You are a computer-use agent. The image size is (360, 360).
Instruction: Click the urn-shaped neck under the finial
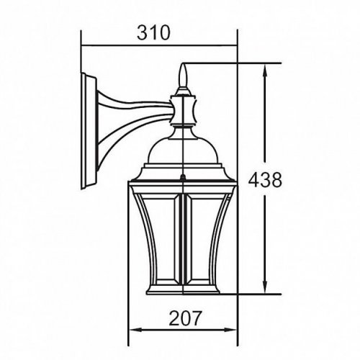pyautogui.click(x=186, y=108)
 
